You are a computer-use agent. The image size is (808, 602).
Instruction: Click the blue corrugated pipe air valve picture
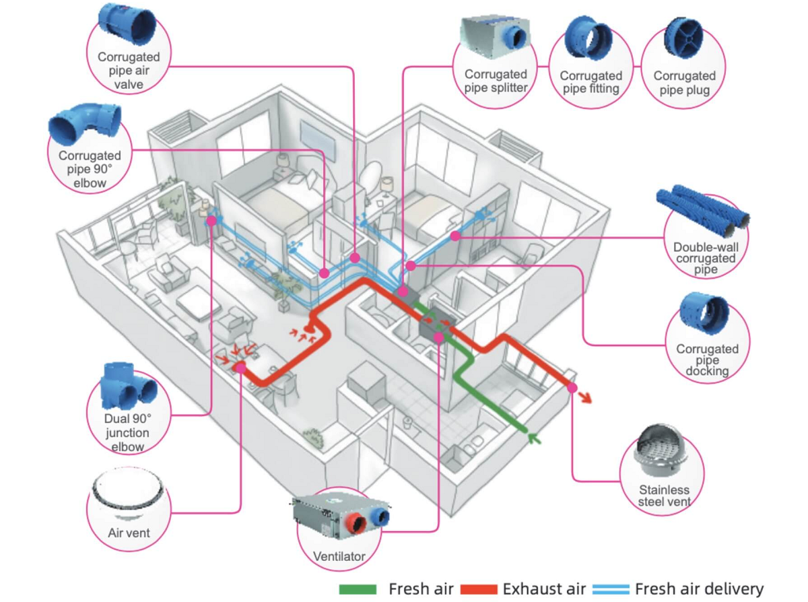(127, 24)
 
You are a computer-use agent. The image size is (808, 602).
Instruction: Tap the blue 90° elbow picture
(85, 125)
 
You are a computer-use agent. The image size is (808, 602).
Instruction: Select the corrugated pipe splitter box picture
(495, 38)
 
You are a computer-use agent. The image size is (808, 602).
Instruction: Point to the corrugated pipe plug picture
(683, 38)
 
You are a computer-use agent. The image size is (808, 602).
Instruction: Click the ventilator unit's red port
(356, 524)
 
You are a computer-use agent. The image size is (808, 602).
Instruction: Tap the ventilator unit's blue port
(380, 516)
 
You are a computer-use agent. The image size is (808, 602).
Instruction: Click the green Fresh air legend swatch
(358, 589)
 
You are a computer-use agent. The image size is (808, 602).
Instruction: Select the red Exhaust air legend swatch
(479, 589)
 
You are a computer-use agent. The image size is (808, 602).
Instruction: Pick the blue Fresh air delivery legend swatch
(611, 589)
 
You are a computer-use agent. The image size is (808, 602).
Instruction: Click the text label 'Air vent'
(129, 533)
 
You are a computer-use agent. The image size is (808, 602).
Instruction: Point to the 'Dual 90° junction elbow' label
(127, 432)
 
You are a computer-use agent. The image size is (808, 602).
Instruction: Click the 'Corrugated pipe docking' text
(707, 360)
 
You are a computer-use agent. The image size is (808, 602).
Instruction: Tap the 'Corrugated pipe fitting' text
(591, 82)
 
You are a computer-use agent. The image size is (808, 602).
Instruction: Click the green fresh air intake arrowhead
(534, 438)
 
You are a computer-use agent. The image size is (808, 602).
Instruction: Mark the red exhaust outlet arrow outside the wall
(584, 397)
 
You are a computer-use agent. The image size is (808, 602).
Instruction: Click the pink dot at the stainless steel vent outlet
(572, 388)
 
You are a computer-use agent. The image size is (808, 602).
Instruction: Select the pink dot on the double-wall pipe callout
(455, 236)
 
